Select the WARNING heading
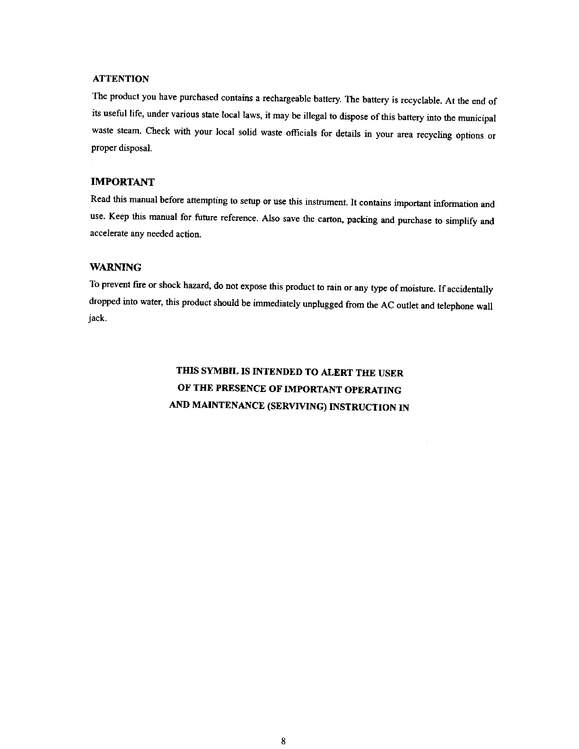[x=115, y=268]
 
